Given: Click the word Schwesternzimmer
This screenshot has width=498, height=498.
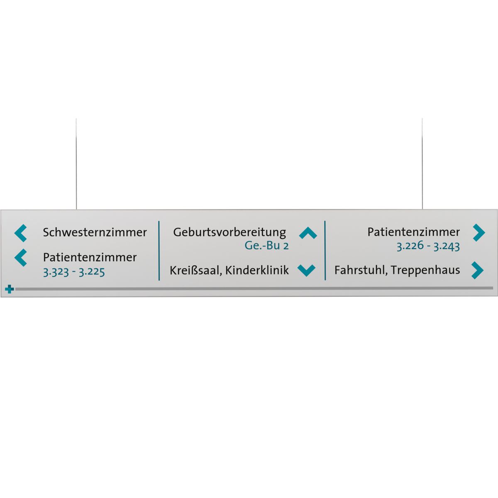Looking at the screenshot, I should click(95, 232).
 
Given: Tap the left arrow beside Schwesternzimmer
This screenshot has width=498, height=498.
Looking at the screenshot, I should click(21, 233).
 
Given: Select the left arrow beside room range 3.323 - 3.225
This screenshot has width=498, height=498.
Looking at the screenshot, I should click(21, 258).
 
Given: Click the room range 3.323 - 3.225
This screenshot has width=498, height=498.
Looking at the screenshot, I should click(74, 272).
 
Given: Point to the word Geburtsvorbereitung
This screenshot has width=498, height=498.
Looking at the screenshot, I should click(229, 232).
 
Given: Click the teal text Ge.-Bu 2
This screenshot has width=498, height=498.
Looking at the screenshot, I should click(266, 246).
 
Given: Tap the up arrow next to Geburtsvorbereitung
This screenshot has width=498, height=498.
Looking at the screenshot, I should click(308, 233).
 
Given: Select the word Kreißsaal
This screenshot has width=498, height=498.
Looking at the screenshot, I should click(195, 271).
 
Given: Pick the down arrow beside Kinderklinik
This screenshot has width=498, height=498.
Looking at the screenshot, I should click(307, 271).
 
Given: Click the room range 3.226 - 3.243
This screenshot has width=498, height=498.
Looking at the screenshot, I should click(428, 246).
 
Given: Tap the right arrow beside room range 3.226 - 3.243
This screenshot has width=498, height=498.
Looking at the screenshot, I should click(478, 233).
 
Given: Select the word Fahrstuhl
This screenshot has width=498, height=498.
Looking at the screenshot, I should click(360, 270).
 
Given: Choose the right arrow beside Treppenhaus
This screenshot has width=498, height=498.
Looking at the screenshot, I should click(478, 271).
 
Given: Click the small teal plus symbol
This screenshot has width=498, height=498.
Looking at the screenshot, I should click(10, 289).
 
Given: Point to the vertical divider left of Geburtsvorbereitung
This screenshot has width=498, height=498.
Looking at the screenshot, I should click(159, 251).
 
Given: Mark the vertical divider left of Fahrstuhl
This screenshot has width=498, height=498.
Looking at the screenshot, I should click(325, 251).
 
